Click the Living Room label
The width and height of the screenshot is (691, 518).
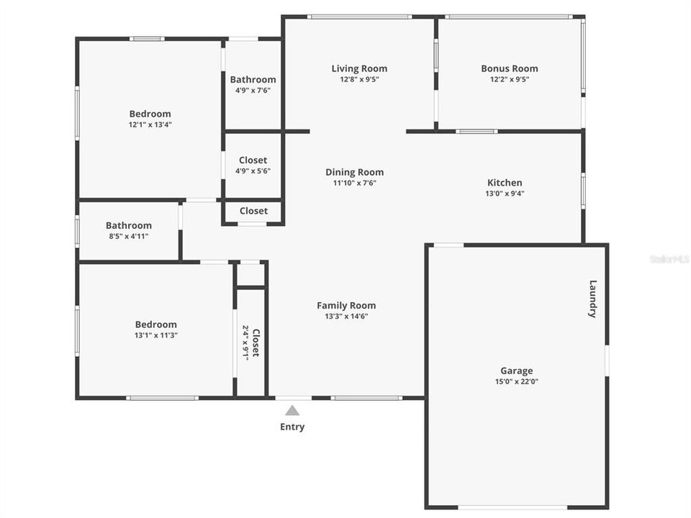tap(359, 69)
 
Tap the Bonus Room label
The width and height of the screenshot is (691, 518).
tap(510, 69)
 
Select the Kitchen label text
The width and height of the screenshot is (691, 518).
tap(505, 183)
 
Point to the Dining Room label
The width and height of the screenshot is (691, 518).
tap(354, 172)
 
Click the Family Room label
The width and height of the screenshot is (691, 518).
tap(346, 306)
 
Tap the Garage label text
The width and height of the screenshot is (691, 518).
tap(517, 371)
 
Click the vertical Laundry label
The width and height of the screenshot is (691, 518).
tap(593, 299)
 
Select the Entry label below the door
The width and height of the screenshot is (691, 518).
tap(292, 427)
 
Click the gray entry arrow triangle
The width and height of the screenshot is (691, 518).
tap(292, 411)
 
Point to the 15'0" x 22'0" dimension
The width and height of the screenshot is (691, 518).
tap(517, 382)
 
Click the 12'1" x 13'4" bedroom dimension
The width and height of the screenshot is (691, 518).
tap(150, 124)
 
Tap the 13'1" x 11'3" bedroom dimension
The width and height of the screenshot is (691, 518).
tap(155, 335)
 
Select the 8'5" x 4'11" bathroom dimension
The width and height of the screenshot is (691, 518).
tap(128, 236)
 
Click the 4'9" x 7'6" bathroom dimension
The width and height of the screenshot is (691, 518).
tap(253, 91)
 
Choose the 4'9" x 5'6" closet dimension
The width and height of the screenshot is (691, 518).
tap(253, 171)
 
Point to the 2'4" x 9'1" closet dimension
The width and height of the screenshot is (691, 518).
tap(245, 343)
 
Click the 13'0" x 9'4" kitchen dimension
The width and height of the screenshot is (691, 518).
tap(505, 194)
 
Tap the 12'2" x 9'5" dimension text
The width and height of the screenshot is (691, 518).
tap(510, 80)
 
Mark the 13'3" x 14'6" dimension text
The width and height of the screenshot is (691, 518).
tap(346, 317)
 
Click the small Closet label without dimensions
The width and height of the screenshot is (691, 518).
tap(253, 211)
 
